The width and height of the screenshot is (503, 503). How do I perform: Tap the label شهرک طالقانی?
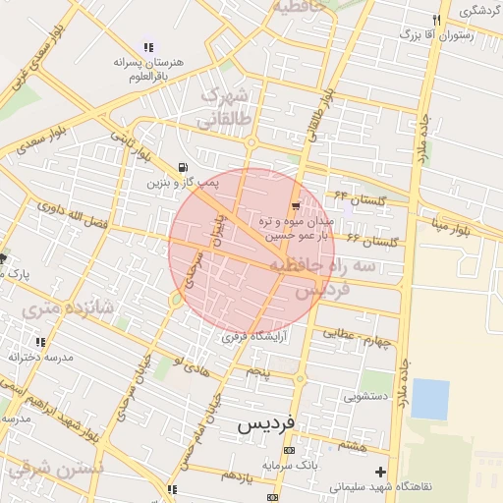click(225, 109)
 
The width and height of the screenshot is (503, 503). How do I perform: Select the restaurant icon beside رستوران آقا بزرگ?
click(436, 20)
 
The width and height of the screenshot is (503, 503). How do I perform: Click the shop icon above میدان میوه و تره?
click(296, 204)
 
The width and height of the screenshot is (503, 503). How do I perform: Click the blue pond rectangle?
click(429, 399)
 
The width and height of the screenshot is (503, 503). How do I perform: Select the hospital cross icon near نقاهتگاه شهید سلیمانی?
click(380, 472)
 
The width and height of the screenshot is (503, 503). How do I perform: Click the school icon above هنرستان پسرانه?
click(148, 46)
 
